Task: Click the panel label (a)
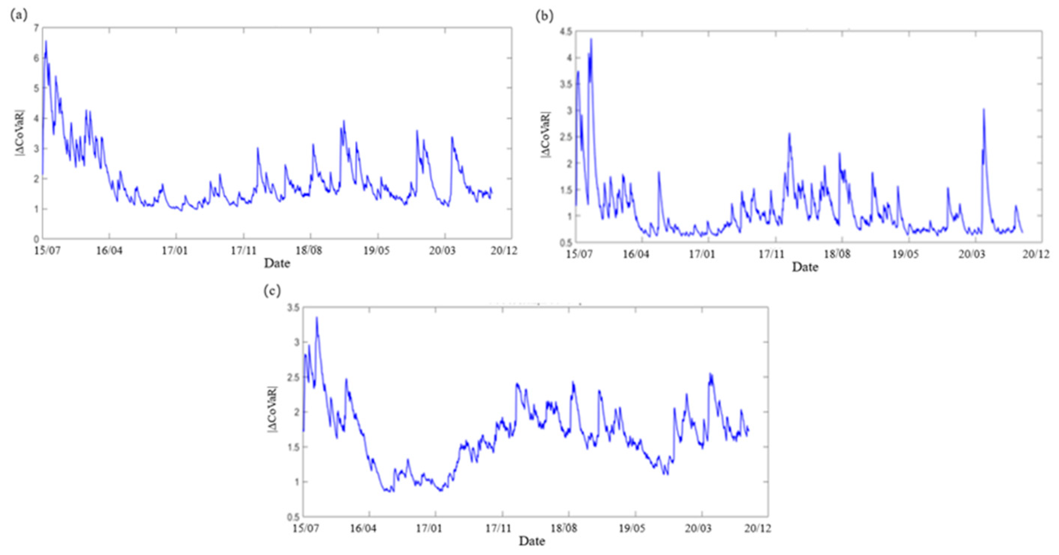click(19, 16)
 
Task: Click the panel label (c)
click(272, 291)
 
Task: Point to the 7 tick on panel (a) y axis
click(36, 28)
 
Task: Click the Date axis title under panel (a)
click(277, 263)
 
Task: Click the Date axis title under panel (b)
click(805, 267)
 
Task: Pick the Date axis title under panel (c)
click(532, 541)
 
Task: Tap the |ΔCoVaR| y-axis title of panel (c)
click(273, 409)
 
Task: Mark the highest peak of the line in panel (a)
click(46, 41)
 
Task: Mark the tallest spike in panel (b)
click(591, 39)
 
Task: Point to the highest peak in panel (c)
click(316, 317)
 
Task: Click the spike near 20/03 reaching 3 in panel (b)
click(984, 109)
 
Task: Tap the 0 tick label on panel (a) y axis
click(37, 239)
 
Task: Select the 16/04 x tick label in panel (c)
click(363, 528)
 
